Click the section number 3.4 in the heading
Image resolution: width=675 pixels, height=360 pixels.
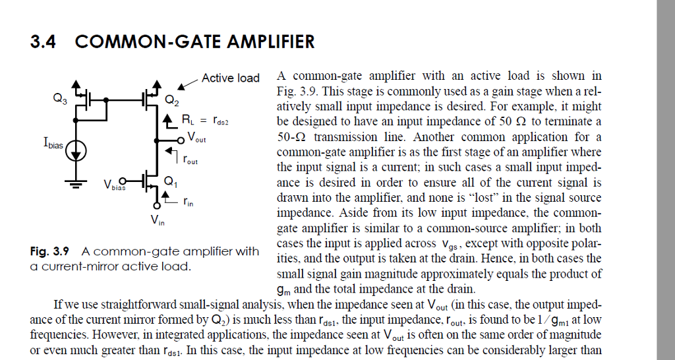click(43, 42)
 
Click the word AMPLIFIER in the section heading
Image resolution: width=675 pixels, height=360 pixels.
click(271, 42)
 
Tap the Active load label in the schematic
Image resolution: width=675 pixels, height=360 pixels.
click(230, 78)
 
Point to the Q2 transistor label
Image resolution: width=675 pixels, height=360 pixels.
click(172, 100)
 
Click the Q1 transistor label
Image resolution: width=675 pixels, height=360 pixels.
click(171, 183)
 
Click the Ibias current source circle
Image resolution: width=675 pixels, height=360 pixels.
click(76, 151)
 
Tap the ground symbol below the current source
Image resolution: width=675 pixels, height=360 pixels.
click(76, 185)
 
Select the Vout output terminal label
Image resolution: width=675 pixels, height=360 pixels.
click(196, 137)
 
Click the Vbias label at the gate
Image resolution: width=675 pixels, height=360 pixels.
click(114, 185)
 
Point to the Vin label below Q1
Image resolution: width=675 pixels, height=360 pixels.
click(158, 220)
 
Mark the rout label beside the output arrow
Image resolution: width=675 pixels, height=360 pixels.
click(191, 160)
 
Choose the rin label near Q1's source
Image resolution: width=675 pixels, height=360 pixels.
click(188, 201)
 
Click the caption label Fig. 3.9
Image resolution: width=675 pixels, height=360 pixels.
click(49, 251)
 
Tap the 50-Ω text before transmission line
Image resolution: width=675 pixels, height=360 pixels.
click(291, 137)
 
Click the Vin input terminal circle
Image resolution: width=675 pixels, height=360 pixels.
click(158, 206)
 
